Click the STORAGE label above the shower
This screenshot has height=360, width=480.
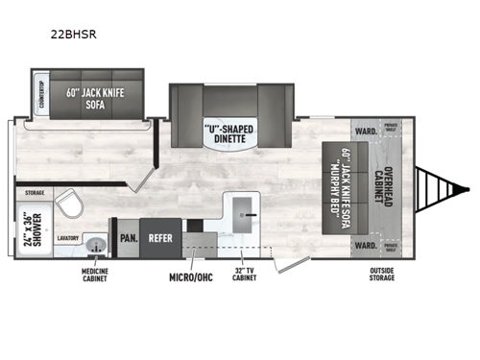point(35,192)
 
